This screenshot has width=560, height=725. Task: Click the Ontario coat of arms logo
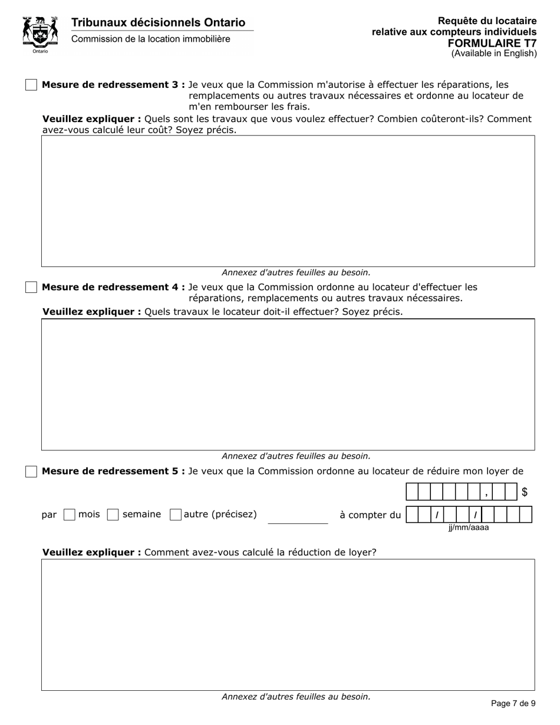[40, 34]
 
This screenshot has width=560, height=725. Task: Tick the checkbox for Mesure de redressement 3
[31, 85]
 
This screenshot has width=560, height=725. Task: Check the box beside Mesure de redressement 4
[31, 287]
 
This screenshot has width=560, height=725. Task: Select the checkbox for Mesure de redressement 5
[31, 472]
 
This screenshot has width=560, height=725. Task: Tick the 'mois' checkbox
[69, 515]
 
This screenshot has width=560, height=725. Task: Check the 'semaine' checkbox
[113, 515]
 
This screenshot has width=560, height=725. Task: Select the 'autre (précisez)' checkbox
[175, 515]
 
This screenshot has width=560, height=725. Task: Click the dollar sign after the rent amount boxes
[525, 492]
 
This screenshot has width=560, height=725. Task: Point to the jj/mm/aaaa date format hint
[469, 528]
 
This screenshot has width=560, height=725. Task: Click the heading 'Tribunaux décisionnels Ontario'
[158, 22]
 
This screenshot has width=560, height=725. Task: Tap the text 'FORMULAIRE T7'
[492, 43]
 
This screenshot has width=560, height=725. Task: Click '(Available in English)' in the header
[494, 53]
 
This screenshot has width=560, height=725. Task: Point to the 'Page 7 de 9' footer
[513, 703]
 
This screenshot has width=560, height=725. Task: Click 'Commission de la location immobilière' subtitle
[151, 39]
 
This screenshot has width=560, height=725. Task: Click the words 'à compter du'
[370, 515]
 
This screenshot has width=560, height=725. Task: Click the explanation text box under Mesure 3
[288, 201]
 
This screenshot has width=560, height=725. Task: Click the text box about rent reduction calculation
[288, 624]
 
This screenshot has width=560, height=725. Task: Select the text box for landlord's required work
[288, 384]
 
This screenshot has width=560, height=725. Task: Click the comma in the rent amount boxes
[486, 493]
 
